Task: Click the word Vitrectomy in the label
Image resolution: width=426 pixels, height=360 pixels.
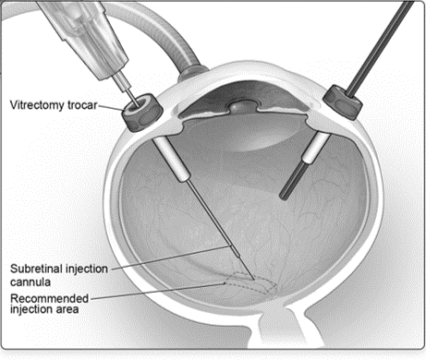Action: tap(37, 105)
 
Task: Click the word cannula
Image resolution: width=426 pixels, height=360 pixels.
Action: tap(30, 282)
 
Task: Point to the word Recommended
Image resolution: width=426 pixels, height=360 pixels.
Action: tap(49, 298)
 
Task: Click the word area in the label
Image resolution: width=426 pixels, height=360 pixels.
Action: tap(66, 309)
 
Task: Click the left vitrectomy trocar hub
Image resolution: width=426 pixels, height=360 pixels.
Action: tap(142, 113)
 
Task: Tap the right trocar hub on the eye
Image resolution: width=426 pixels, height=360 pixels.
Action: tap(343, 102)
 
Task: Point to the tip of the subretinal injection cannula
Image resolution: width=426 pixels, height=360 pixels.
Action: tap(254, 280)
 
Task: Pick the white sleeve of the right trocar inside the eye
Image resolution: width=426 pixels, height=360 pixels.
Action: tap(316, 147)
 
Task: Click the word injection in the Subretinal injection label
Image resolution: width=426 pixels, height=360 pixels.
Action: tap(88, 269)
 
